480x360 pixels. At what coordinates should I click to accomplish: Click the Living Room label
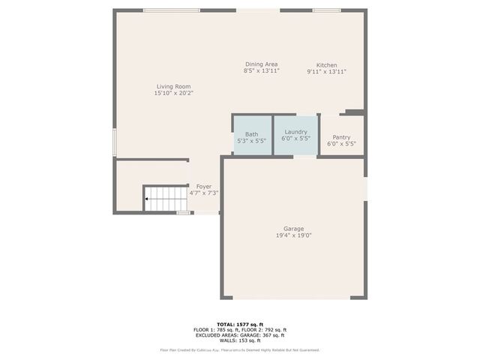tap(174, 86)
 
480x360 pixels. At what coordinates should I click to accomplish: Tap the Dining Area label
tap(261, 64)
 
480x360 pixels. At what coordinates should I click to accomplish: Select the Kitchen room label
tap(326, 65)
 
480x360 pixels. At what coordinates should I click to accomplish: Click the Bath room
tap(252, 135)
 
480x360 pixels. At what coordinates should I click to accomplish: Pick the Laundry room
tap(295, 134)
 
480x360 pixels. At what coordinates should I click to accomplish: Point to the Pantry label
tap(341, 137)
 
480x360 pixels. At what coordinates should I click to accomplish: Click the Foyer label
tap(203, 186)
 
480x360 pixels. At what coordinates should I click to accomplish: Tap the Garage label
tap(293, 229)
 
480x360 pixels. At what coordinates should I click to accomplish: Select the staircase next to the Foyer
tap(166, 199)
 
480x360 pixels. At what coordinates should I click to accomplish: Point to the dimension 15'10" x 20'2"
tap(174, 93)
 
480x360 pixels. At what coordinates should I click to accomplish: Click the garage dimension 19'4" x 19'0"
tap(293, 235)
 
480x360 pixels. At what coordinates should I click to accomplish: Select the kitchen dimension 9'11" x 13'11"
tap(326, 71)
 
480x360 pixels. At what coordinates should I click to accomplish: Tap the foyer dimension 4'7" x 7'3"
tap(203, 193)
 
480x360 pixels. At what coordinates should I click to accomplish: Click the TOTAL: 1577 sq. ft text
tap(239, 324)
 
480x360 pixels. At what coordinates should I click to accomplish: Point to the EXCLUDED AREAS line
tap(239, 334)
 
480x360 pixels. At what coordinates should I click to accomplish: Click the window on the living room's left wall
tap(115, 142)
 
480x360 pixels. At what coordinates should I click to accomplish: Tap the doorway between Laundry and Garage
tap(304, 157)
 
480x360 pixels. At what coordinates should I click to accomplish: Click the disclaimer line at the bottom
tap(239, 349)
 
